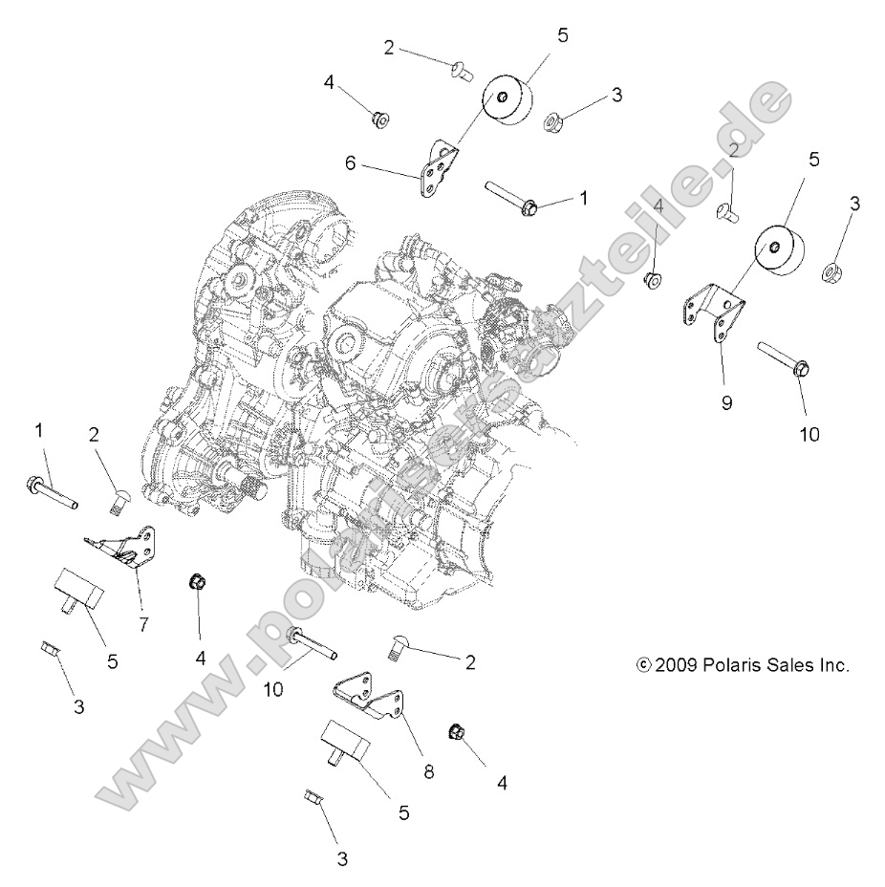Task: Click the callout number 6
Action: coord(351,163)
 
